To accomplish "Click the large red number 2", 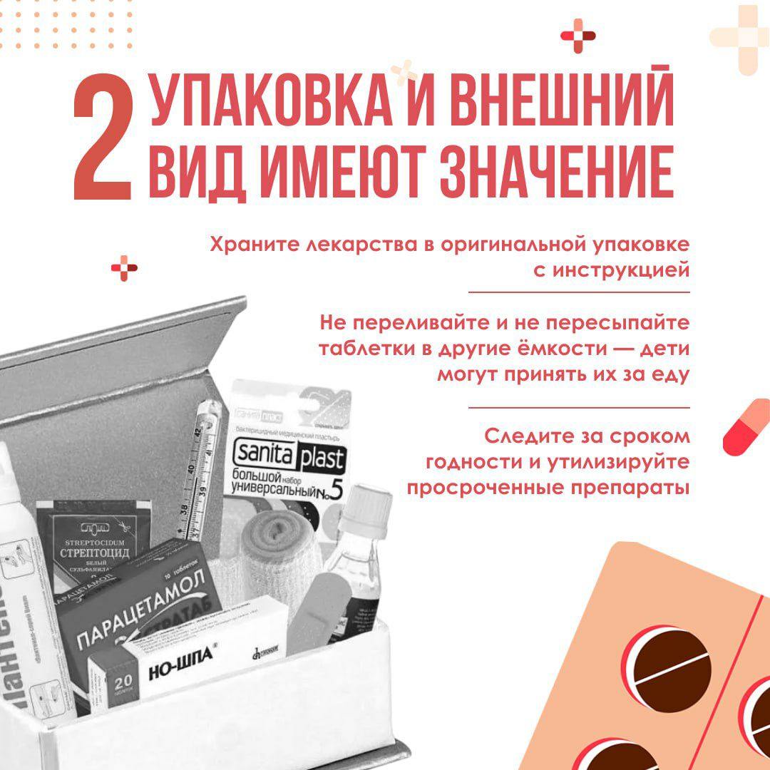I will (103, 140).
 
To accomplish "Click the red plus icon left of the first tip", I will (124, 267).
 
